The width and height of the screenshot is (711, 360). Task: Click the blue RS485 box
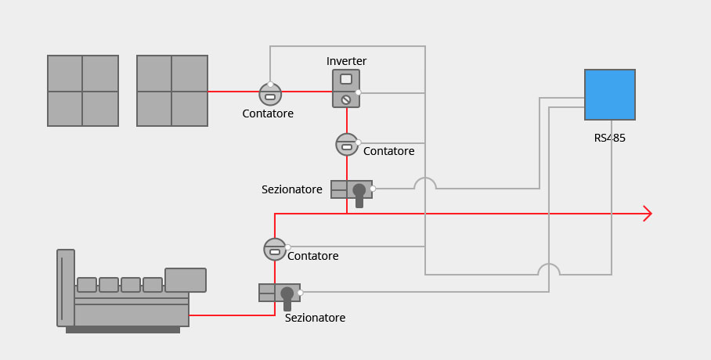pyautogui.click(x=609, y=95)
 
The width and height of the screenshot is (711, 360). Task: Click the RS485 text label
pyautogui.click(x=609, y=139)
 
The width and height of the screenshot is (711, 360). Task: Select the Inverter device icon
pyautogui.click(x=346, y=88)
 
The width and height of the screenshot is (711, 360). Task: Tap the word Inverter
pyautogui.click(x=346, y=61)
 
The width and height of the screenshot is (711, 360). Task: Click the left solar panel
pyautogui.click(x=83, y=91)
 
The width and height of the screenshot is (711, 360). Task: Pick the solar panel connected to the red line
pyautogui.click(x=172, y=91)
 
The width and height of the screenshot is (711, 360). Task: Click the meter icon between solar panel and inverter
pyautogui.click(x=270, y=95)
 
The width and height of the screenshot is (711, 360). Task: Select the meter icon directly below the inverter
pyautogui.click(x=346, y=145)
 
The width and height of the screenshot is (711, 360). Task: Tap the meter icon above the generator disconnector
pyautogui.click(x=275, y=250)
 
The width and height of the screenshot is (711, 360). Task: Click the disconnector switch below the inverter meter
pyautogui.click(x=352, y=191)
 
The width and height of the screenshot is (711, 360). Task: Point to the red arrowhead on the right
pyautogui.click(x=647, y=214)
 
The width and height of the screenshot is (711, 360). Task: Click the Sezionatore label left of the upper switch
pyautogui.click(x=291, y=189)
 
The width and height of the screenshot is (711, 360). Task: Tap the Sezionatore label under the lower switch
pyautogui.click(x=315, y=318)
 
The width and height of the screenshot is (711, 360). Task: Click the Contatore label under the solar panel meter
pyautogui.click(x=268, y=113)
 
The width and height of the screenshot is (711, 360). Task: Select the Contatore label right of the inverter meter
pyautogui.click(x=388, y=151)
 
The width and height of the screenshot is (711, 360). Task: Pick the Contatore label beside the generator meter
pyautogui.click(x=312, y=256)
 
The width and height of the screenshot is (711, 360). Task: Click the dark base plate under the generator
pyautogui.click(x=123, y=330)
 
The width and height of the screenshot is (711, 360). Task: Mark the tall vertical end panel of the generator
pyautogui.click(x=66, y=288)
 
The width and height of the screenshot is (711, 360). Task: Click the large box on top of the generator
pyautogui.click(x=186, y=280)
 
